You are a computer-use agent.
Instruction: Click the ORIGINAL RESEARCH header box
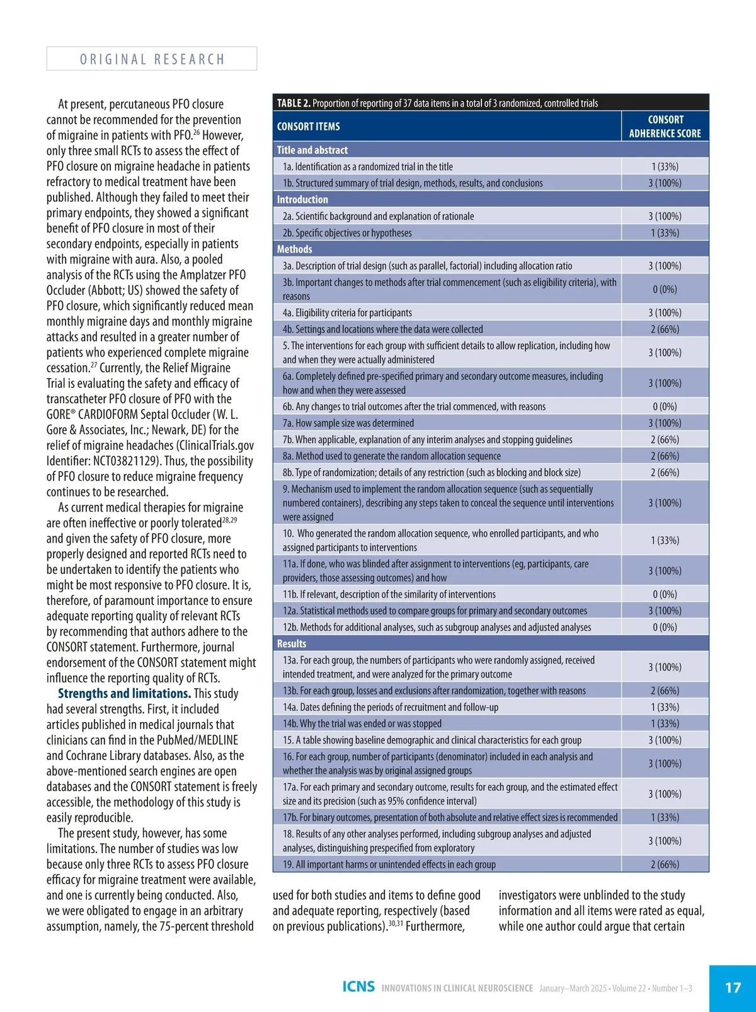(x=151, y=59)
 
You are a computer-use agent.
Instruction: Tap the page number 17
(x=733, y=987)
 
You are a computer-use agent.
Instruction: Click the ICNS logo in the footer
(x=358, y=986)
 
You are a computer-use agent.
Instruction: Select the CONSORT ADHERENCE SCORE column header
(x=665, y=126)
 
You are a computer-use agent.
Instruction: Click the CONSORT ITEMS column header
(x=309, y=127)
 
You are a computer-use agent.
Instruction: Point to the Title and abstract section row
(x=312, y=150)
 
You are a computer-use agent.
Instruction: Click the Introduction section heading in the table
(x=302, y=200)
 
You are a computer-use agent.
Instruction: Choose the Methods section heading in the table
(x=295, y=250)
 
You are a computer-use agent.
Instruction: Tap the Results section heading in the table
(x=292, y=644)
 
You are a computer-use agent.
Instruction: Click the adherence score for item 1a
(x=665, y=167)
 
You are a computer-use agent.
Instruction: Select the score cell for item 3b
(x=665, y=289)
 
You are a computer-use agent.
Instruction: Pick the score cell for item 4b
(x=665, y=330)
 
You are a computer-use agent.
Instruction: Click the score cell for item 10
(x=665, y=541)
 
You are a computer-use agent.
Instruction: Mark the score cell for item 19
(x=665, y=865)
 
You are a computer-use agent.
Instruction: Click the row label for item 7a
(x=348, y=423)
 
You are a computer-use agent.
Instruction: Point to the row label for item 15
(x=432, y=740)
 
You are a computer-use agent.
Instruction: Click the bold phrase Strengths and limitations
(x=124, y=694)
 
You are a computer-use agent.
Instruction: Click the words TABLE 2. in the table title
(x=293, y=103)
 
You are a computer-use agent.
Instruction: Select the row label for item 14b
(x=362, y=724)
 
